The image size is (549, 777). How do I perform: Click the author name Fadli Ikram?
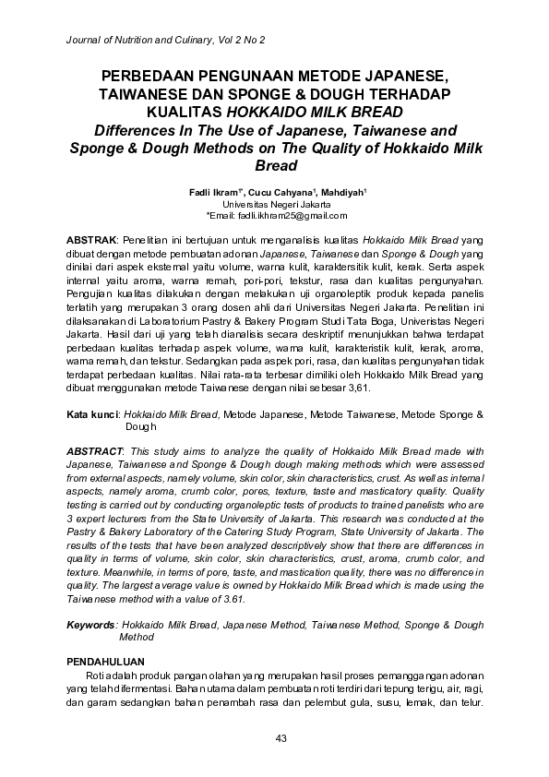point(210,191)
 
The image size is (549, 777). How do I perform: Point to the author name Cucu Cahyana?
point(280,191)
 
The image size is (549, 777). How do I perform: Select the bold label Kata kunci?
point(94,417)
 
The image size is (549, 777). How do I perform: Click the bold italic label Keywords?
point(92,626)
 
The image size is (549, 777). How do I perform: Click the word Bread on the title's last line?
point(274,166)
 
